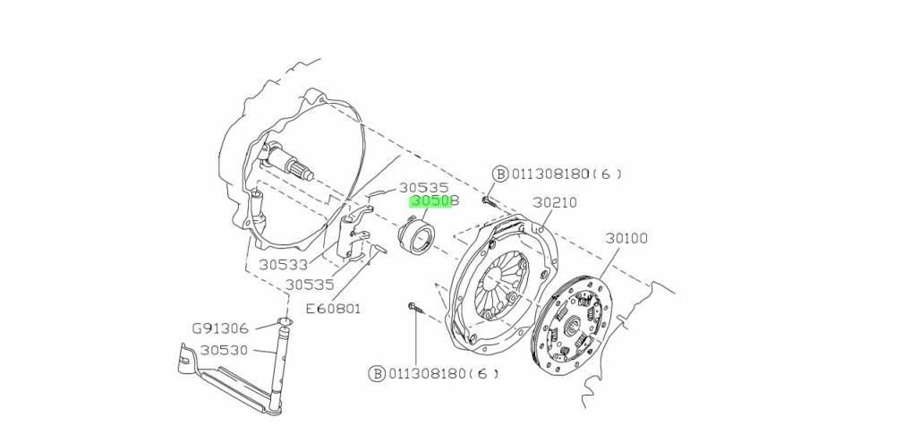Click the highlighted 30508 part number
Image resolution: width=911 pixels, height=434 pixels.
pos(434,202)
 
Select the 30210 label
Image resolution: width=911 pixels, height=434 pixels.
pos(555,203)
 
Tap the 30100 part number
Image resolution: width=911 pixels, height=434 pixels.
pos(626,239)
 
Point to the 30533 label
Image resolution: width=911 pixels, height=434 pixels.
pos(284,265)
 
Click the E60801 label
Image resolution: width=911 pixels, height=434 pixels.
pos(333,309)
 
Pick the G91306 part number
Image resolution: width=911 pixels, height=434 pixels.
pos(219,328)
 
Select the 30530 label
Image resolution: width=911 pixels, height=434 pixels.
pos(224,350)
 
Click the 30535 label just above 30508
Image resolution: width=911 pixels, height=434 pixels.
pos(423,188)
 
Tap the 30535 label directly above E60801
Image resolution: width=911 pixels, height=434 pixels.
pos(310,285)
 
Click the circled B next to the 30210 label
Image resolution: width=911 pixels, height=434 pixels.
pos(500,174)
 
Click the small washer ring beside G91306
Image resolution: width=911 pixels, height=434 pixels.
pos(285,322)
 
